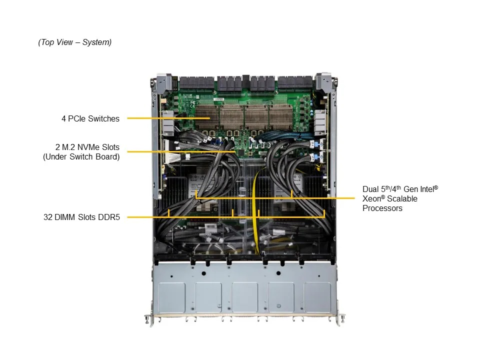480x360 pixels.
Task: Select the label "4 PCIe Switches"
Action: [90, 118]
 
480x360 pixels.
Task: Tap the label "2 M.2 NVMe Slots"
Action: [87, 147]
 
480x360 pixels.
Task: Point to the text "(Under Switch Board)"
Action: [81, 157]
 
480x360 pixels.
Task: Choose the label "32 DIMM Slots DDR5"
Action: [81, 217]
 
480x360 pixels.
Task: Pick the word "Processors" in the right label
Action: [382, 208]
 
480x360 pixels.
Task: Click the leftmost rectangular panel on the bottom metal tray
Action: [171, 297]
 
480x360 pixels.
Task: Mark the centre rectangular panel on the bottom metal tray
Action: [244, 297]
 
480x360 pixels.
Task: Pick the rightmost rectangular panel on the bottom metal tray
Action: [317, 297]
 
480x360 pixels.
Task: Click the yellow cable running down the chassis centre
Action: [255, 210]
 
